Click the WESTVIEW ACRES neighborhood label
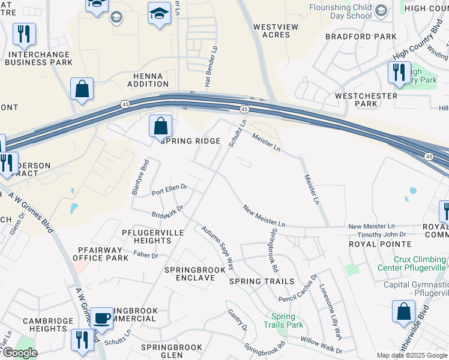272,31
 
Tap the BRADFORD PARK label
361,37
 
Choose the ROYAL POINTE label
380,244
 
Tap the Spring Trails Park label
283,320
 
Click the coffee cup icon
103,318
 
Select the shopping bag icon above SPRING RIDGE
161,127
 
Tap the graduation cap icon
159,13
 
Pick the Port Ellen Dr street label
169,190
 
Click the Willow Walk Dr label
321,345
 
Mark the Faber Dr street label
146,256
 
